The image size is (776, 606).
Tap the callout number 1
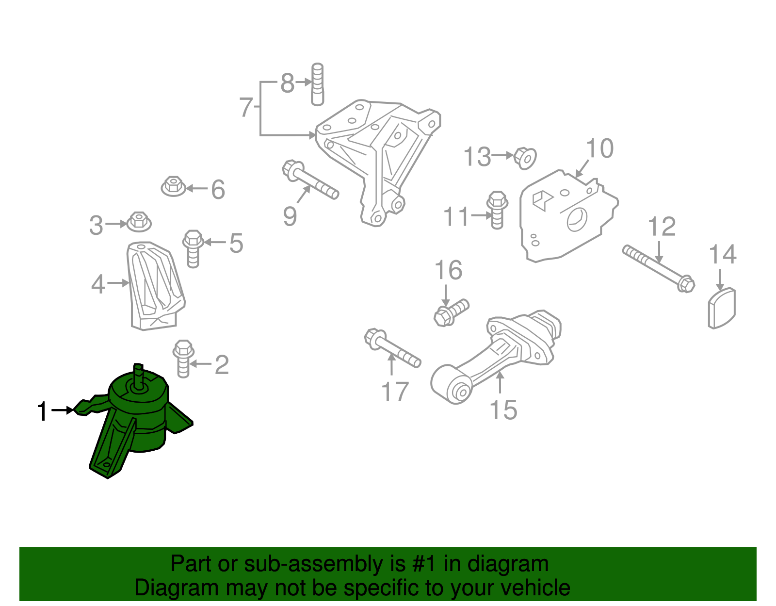43,411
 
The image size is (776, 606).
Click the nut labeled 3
139,222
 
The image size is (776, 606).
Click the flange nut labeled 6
173,187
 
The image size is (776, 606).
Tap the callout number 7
246,107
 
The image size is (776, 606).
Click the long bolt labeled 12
659,267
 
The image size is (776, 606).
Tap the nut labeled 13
525,157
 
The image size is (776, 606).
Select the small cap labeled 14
722,308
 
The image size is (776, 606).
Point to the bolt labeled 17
392,348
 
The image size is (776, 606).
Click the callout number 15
503,409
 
